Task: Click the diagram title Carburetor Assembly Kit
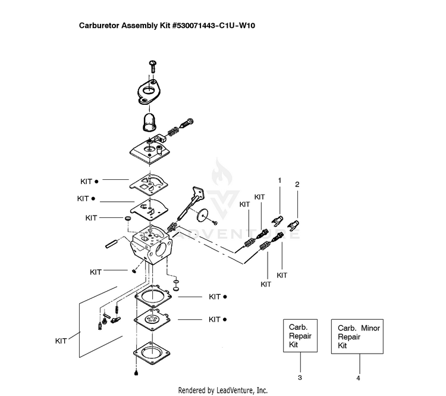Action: pos(168,26)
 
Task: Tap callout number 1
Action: pos(279,180)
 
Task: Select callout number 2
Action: pos(297,185)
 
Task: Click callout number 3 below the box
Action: pos(300,378)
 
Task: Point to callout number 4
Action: pos(359,378)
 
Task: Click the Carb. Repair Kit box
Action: pos(300,336)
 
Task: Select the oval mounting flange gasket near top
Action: pos(149,93)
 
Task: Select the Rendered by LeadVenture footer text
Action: pos(222,390)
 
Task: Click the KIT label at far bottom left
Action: pos(61,341)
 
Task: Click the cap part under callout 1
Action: pos(275,220)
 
